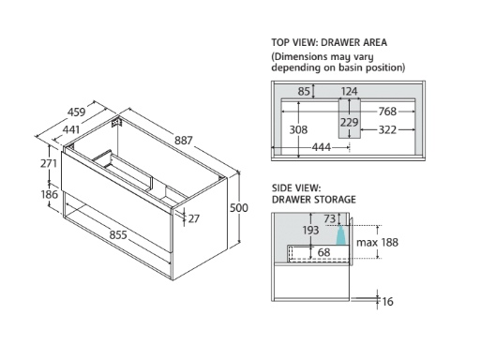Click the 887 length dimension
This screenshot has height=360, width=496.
click(x=184, y=140)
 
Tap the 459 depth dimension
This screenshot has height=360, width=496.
click(x=77, y=112)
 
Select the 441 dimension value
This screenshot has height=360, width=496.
click(x=71, y=129)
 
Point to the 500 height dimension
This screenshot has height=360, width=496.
click(x=239, y=208)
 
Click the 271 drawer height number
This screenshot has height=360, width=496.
click(x=49, y=163)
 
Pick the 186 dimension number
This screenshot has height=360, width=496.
click(x=50, y=194)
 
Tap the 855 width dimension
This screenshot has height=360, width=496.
click(x=118, y=235)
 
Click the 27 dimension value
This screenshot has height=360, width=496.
click(x=193, y=218)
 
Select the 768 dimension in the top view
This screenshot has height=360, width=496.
click(x=387, y=112)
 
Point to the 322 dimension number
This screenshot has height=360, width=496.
click(x=387, y=129)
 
